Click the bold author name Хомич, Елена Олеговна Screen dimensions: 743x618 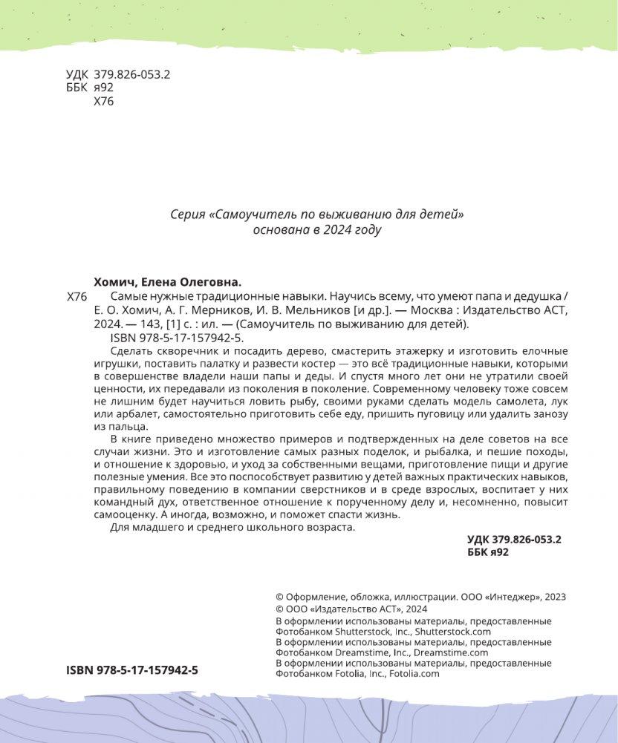[169, 282]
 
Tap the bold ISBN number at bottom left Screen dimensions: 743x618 [132, 670]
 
